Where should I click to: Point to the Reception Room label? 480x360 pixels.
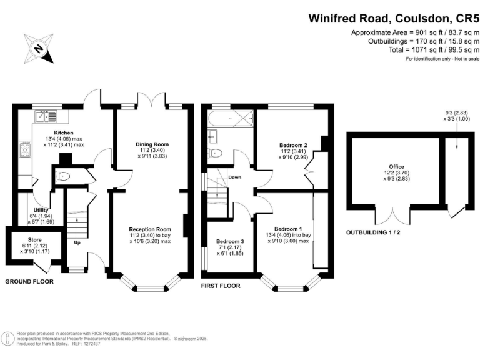150,229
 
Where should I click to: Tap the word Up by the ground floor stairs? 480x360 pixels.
77,242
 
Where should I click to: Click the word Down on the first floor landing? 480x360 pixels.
235,177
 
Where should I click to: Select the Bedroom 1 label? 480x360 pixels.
287,229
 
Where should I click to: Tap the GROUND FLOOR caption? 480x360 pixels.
29,282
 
